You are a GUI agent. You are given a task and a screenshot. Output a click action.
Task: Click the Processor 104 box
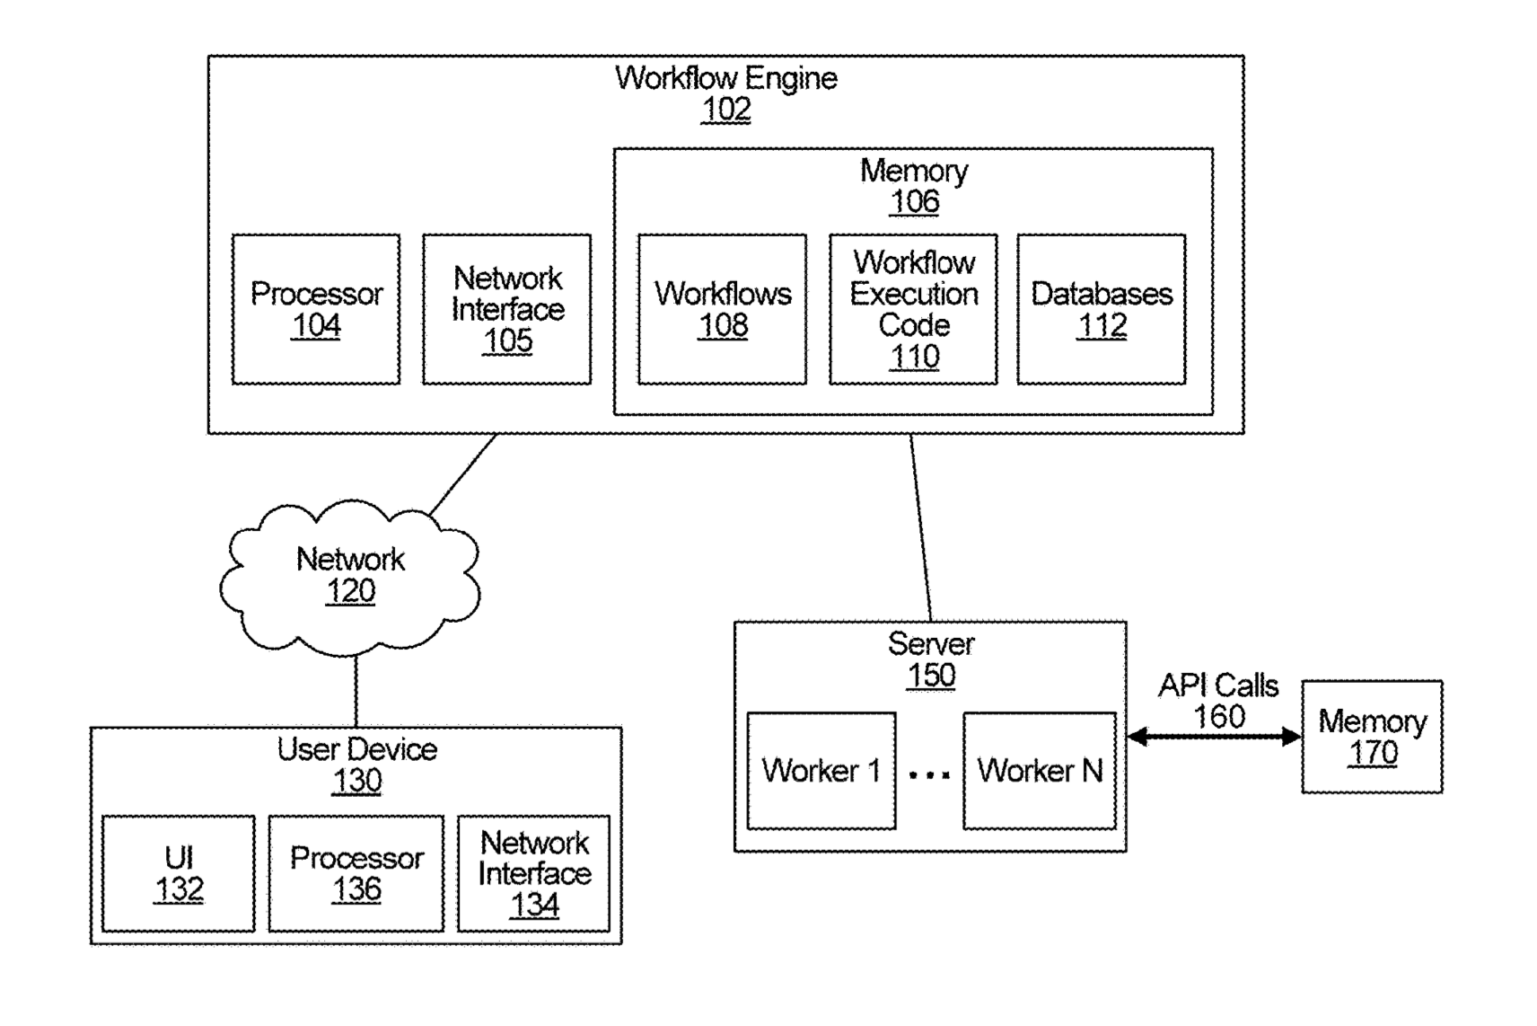[316, 309]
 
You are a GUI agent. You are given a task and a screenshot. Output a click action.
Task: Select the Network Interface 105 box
[506, 309]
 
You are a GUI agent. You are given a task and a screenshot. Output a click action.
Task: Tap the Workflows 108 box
[722, 309]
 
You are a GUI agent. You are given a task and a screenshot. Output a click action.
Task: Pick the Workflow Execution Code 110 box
[913, 309]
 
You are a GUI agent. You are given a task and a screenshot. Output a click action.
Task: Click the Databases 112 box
[1101, 309]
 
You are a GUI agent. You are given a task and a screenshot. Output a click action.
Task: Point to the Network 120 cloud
[350, 575]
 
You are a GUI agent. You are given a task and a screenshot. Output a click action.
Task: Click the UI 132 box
[179, 873]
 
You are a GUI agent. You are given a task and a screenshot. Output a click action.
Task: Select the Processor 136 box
[356, 873]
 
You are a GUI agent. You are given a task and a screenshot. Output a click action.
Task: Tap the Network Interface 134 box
[533, 873]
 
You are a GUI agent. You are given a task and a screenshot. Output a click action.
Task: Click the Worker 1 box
[821, 771]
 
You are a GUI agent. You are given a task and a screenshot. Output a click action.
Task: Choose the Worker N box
[1039, 771]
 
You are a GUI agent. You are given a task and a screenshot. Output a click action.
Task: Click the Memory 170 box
[1372, 737]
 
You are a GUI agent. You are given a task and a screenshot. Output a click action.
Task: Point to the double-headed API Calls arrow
[1214, 738]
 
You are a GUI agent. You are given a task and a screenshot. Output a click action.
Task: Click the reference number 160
[1218, 717]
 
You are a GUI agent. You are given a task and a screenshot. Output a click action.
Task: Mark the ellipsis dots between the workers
[929, 774]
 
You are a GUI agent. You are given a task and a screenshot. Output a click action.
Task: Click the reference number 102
[725, 110]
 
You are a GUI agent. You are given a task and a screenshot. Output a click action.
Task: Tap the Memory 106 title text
[913, 171]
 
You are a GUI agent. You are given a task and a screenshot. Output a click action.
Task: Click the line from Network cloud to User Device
[356, 692]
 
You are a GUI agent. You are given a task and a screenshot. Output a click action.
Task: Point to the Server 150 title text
[930, 644]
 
